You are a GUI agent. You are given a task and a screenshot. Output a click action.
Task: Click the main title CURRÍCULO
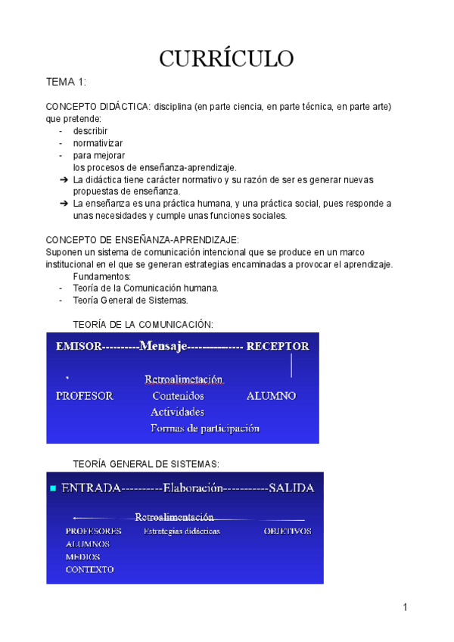(x=226, y=58)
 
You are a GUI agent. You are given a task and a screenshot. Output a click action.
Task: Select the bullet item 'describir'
(x=90, y=131)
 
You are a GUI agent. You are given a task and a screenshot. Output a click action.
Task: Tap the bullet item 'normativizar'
(x=98, y=143)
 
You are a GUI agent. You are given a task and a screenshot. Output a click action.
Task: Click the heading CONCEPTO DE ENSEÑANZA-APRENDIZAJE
(x=142, y=239)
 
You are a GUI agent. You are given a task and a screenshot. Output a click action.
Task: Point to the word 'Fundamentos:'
(x=101, y=276)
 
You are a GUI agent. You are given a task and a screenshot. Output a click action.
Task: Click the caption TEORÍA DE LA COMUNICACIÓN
(x=143, y=324)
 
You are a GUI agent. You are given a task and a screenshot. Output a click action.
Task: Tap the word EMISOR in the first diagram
(x=80, y=347)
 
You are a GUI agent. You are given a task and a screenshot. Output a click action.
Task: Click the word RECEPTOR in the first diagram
(x=278, y=347)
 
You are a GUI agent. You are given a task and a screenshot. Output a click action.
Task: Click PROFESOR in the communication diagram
(x=85, y=396)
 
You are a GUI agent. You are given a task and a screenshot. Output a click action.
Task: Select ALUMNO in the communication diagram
(x=271, y=396)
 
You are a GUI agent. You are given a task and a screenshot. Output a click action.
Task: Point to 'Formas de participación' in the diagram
(x=205, y=429)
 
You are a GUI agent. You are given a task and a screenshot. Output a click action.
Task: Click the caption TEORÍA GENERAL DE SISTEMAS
(x=146, y=463)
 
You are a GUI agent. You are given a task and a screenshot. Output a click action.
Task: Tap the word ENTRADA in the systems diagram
(x=91, y=488)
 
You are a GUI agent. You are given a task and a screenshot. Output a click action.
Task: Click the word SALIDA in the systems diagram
(x=291, y=488)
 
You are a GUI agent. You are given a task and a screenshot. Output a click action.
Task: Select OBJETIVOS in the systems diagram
(x=287, y=531)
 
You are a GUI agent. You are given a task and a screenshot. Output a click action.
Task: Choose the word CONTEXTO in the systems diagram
(x=89, y=569)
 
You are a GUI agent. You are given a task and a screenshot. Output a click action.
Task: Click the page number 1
(x=406, y=607)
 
